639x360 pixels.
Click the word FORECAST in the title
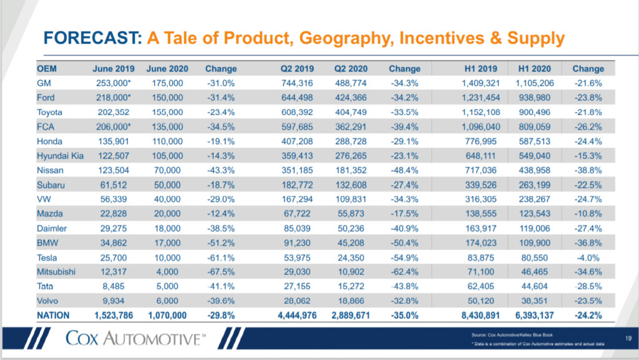coord(87,39)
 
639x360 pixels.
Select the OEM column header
coord(47,69)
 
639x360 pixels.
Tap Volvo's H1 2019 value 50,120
coord(479,302)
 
